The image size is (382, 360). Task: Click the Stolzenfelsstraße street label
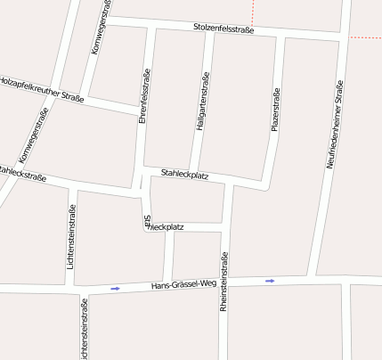pyautogui.click(x=224, y=29)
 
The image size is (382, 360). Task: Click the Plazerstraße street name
pyautogui.click(x=275, y=110)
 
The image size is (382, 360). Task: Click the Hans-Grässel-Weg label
pyautogui.click(x=184, y=284)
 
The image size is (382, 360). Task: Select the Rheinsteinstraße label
pyautogui.click(x=224, y=281)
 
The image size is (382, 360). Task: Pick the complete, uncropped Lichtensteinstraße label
pyautogui.click(x=71, y=237)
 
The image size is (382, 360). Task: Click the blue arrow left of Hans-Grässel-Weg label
pyautogui.click(x=115, y=288)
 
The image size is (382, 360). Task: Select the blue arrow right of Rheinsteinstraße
pyautogui.click(x=270, y=281)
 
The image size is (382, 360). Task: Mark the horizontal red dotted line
pyautogui.click(x=365, y=37)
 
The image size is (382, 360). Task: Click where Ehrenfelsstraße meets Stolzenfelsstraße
pyautogui.click(x=151, y=24)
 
